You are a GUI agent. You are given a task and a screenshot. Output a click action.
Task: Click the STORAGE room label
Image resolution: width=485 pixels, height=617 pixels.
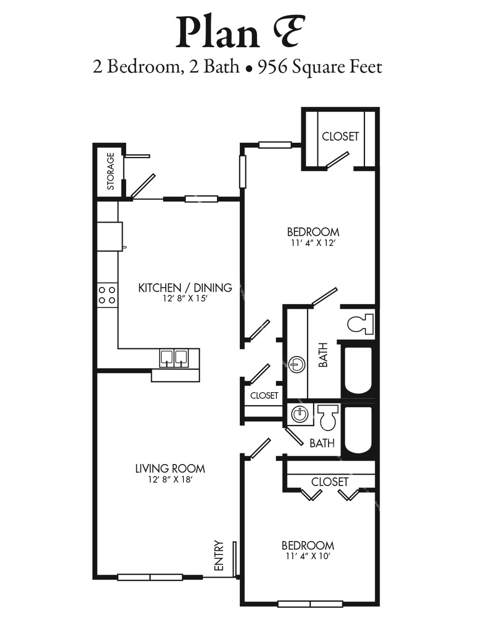(x=110, y=171)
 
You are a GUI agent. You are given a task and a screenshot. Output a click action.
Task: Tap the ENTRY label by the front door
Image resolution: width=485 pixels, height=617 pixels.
(x=219, y=556)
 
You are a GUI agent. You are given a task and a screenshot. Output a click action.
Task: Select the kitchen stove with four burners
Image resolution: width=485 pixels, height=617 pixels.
(x=107, y=295)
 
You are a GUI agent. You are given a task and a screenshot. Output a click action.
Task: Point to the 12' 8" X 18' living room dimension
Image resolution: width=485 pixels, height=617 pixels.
(x=170, y=480)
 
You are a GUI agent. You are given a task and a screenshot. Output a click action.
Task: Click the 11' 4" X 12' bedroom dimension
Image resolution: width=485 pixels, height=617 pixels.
(x=313, y=243)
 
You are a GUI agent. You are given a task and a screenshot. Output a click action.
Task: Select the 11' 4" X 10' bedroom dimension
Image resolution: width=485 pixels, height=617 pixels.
(x=308, y=556)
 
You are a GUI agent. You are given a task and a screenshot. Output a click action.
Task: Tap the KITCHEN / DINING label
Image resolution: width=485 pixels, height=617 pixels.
(x=185, y=288)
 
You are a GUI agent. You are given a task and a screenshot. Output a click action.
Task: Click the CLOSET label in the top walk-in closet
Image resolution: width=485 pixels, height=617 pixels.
(x=340, y=136)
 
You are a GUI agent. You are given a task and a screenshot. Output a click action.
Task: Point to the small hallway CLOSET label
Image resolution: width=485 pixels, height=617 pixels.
(x=264, y=395)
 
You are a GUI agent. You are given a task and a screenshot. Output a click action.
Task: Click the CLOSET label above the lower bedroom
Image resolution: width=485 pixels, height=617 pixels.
(x=330, y=482)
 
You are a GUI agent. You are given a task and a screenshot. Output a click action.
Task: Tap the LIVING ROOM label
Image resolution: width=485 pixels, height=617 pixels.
(x=170, y=468)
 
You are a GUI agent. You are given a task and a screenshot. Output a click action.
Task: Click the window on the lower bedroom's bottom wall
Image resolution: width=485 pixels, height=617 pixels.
(x=310, y=604)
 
